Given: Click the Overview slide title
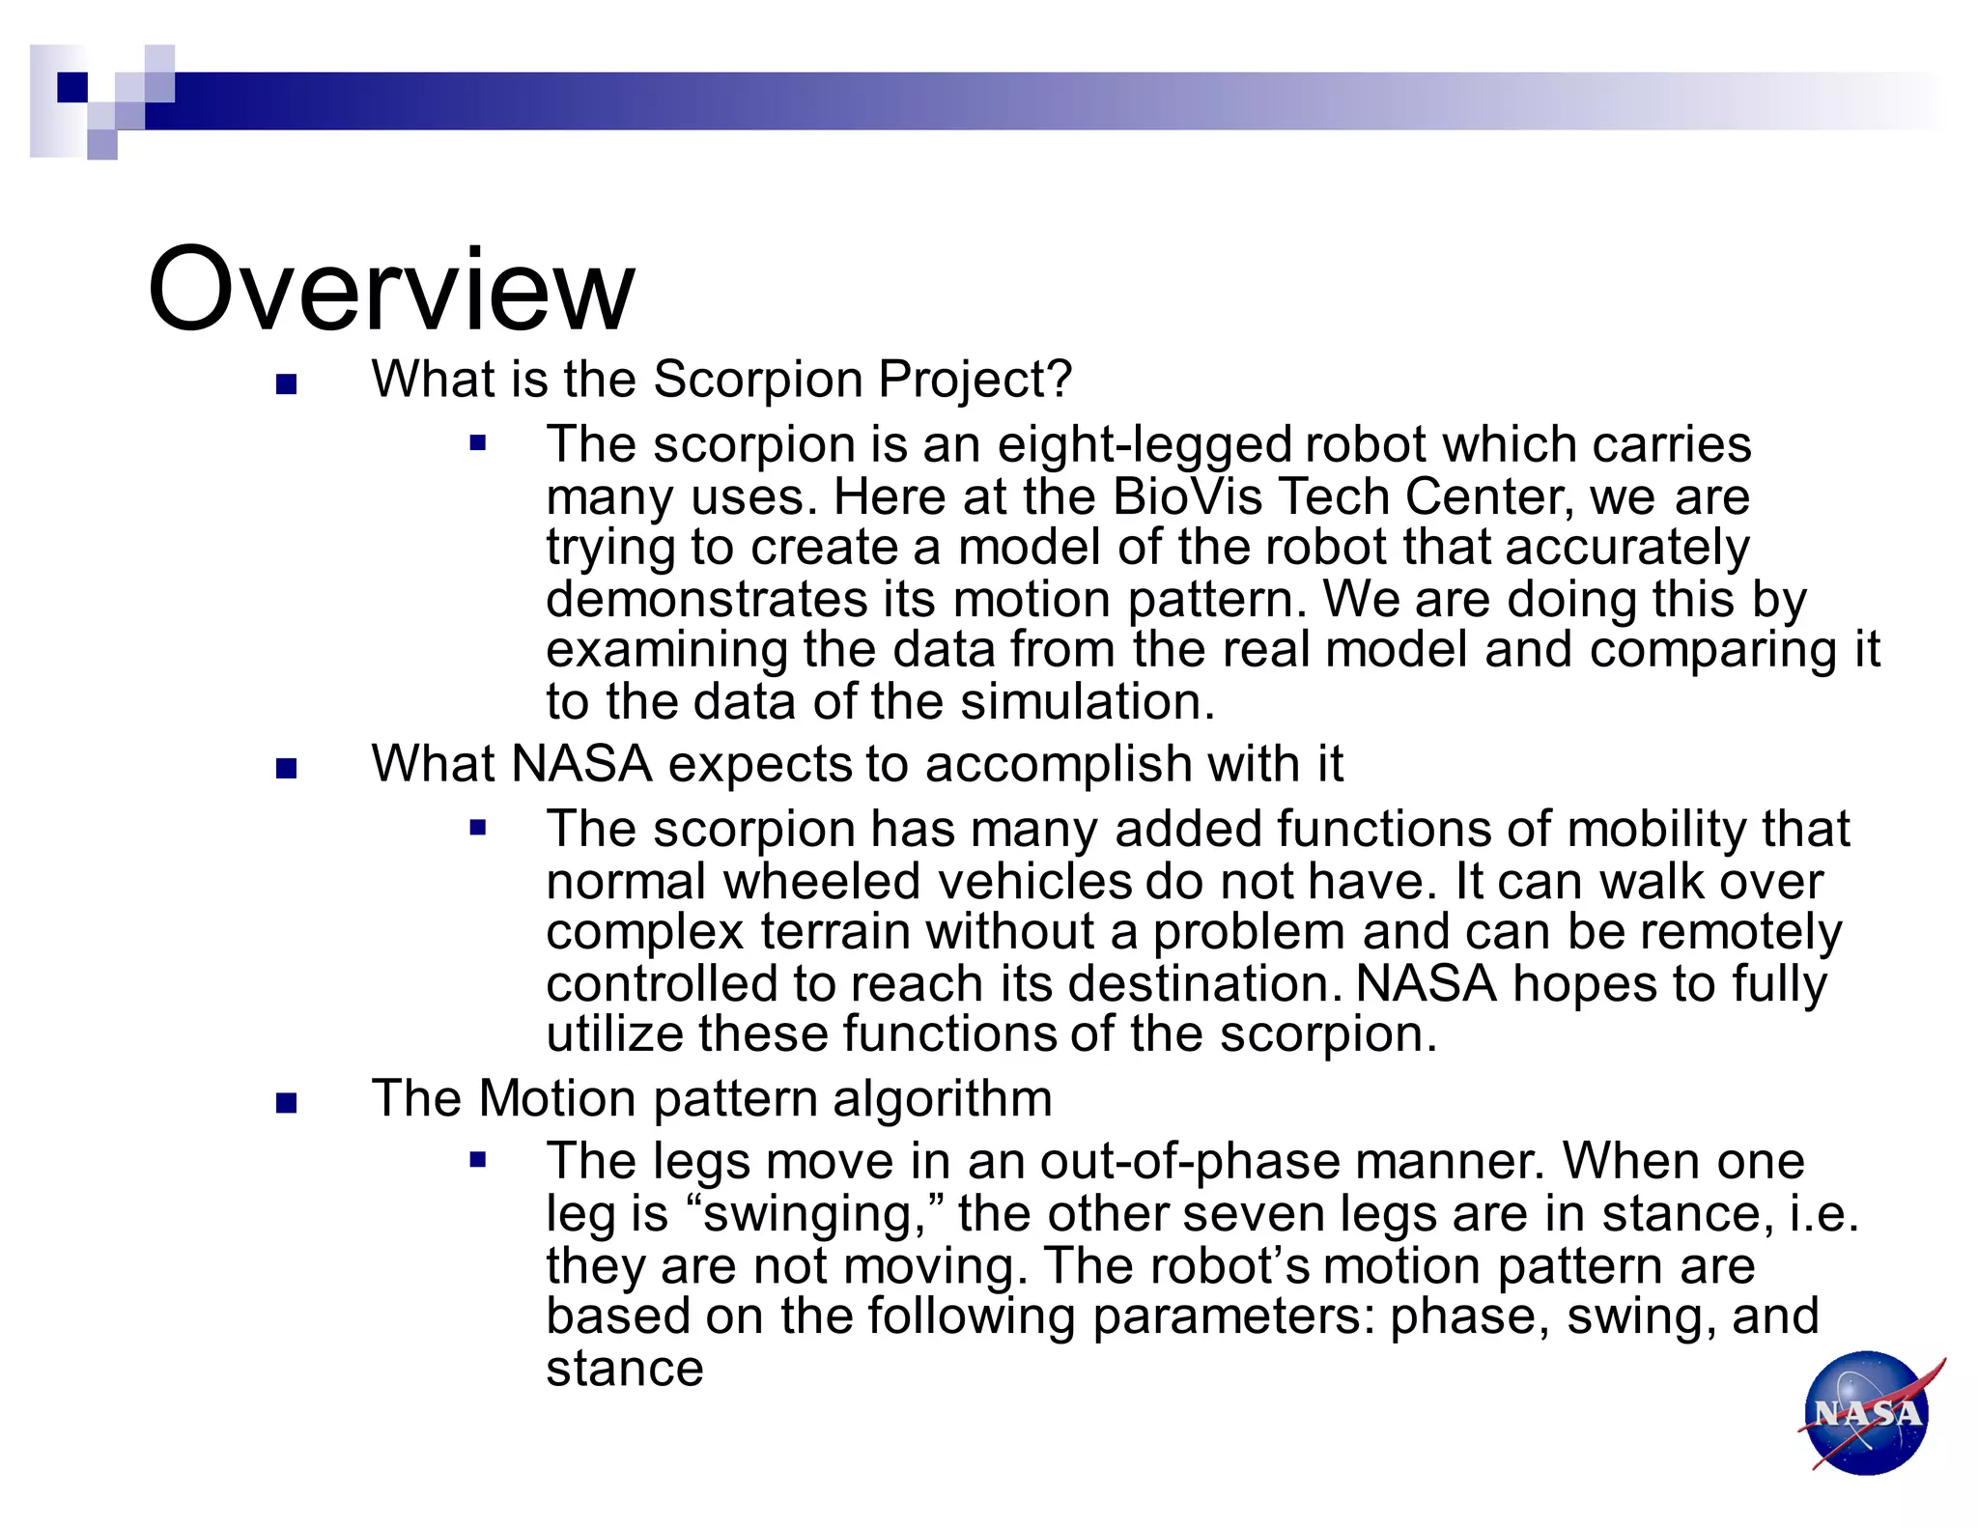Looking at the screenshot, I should click(x=391, y=290).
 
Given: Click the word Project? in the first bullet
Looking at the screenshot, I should click(x=975, y=379).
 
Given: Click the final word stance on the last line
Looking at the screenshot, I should click(x=625, y=1369).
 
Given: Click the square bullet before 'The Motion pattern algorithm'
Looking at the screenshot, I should click(x=286, y=1103).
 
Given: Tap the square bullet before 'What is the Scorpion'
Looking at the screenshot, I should click(x=286, y=384).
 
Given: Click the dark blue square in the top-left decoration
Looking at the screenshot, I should click(x=72, y=87).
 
